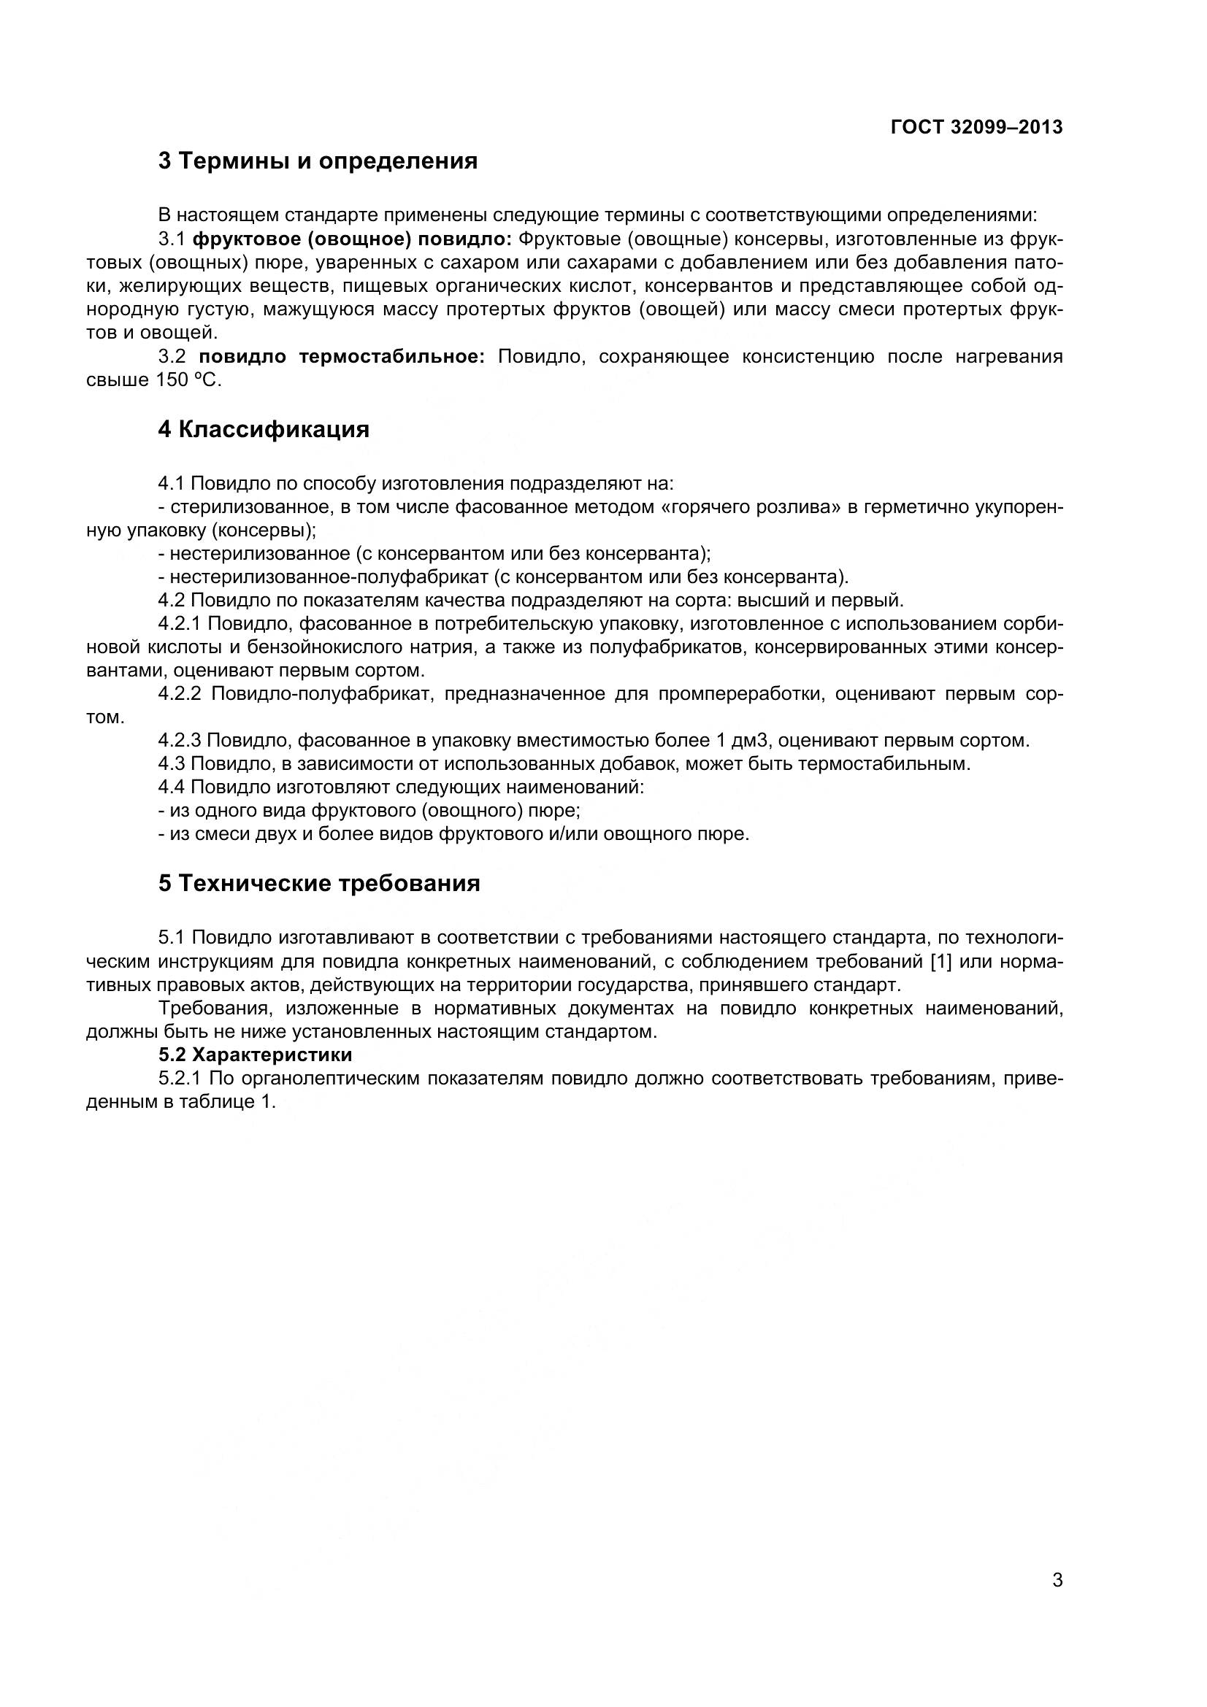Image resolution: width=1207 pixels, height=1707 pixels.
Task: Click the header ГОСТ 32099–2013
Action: click(976, 127)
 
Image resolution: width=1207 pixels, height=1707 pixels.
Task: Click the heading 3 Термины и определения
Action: click(318, 161)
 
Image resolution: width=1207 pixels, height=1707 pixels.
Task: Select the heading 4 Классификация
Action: click(264, 429)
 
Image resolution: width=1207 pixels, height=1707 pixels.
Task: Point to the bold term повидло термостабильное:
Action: click(341, 357)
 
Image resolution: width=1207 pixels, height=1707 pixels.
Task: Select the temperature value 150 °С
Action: click(188, 381)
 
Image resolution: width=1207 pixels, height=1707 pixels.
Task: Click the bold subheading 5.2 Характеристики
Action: click(255, 1055)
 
